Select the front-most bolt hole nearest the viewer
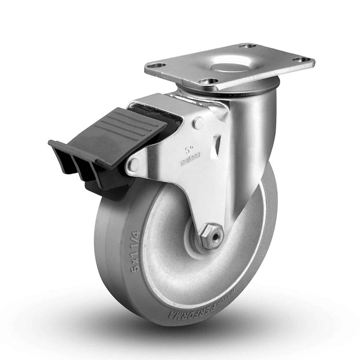point(208,81)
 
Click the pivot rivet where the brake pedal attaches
point(132,165)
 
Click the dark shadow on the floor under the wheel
point(189,333)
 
